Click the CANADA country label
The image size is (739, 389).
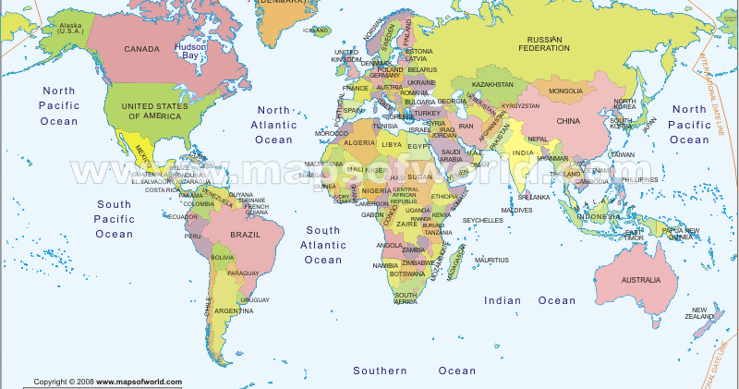(x=143, y=48)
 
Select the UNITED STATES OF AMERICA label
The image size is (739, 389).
(x=157, y=111)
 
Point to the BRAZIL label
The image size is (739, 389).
(x=245, y=235)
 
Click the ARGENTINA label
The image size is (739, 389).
(x=234, y=310)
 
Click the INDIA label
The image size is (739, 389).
(x=523, y=152)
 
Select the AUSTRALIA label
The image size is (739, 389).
(x=640, y=279)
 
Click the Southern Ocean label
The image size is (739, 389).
(x=415, y=371)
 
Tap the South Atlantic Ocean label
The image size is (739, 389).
(x=324, y=245)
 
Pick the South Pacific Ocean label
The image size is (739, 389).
(x=114, y=219)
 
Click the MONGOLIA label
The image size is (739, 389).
(x=565, y=91)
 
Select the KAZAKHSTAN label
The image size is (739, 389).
(x=492, y=85)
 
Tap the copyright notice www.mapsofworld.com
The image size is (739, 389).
(x=108, y=382)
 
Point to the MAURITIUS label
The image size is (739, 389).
(x=491, y=260)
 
